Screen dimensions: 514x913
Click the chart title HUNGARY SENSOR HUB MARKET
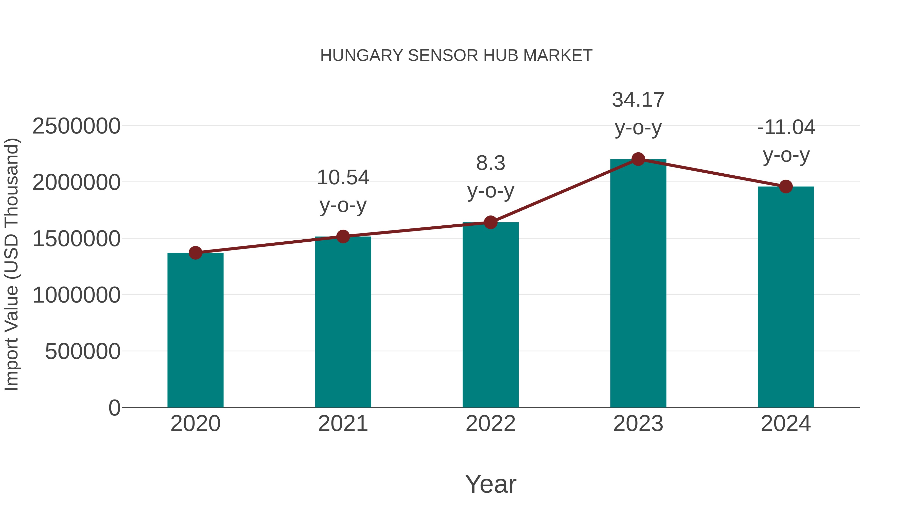click(x=456, y=56)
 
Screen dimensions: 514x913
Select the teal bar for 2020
click(x=195, y=330)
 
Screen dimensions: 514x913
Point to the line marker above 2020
click(x=195, y=253)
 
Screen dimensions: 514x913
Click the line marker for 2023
click(x=638, y=159)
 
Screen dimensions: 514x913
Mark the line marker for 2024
click(x=786, y=187)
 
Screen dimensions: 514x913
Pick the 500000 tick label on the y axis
click(x=83, y=352)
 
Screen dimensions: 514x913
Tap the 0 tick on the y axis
click(x=114, y=408)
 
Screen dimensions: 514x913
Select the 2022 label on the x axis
click(x=490, y=424)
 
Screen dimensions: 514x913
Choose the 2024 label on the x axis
click(x=786, y=424)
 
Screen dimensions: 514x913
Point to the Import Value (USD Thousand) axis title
click(x=11, y=264)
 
